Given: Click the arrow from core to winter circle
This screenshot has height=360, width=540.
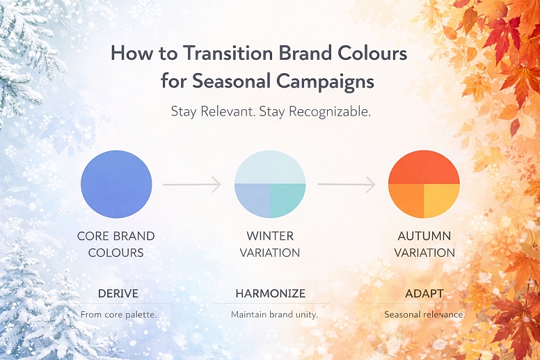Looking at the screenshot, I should (191, 185).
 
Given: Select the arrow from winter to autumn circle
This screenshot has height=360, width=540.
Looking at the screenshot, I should (346, 185).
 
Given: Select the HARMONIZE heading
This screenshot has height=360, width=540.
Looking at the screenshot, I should (270, 293).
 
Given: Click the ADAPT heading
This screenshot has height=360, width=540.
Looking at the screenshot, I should (424, 293).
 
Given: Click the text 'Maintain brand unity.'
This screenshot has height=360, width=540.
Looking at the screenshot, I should (274, 315).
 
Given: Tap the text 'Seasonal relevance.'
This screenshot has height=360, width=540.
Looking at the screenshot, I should (424, 315).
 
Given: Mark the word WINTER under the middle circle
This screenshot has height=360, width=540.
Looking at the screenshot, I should (270, 236).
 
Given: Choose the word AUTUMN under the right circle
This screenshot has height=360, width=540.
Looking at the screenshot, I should (424, 236).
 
